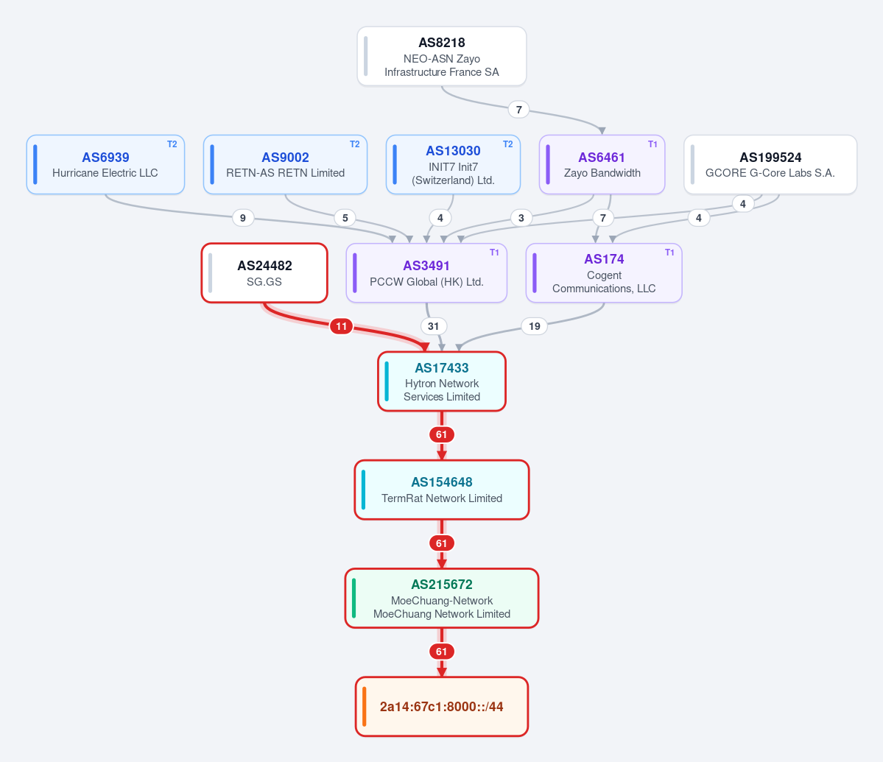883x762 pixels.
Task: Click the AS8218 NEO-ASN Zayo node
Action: pyautogui.click(x=442, y=56)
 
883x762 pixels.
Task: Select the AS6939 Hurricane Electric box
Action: pyautogui.click(x=105, y=164)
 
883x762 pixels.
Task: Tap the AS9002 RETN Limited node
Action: pyautogui.click(x=285, y=164)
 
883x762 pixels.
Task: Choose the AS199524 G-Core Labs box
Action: pyautogui.click(x=770, y=164)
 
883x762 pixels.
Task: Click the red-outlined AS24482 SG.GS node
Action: pyautogui.click(x=264, y=273)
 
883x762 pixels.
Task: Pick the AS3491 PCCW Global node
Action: pyautogui.click(x=426, y=273)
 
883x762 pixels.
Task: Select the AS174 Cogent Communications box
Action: pyautogui.click(x=604, y=273)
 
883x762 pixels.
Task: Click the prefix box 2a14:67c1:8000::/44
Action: pyautogui.click(x=442, y=706)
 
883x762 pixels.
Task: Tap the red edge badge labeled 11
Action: pyautogui.click(x=341, y=326)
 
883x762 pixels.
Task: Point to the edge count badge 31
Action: pyautogui.click(x=433, y=326)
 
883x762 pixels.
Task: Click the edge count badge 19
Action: pyautogui.click(x=535, y=326)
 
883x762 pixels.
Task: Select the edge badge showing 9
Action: pyautogui.click(x=243, y=218)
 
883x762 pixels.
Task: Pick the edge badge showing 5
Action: pyautogui.click(x=345, y=218)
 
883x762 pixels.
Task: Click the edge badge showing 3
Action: pyautogui.click(x=521, y=218)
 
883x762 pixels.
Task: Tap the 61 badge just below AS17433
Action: pyautogui.click(x=442, y=434)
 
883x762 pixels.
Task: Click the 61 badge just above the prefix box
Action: pyautogui.click(x=442, y=652)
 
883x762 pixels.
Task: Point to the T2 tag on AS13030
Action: pyautogui.click(x=507, y=144)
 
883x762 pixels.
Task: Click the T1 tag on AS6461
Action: pyautogui.click(x=652, y=144)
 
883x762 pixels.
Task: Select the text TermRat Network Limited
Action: pyautogui.click(x=442, y=498)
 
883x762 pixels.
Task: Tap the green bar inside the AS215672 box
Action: pyautogui.click(x=353, y=599)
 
